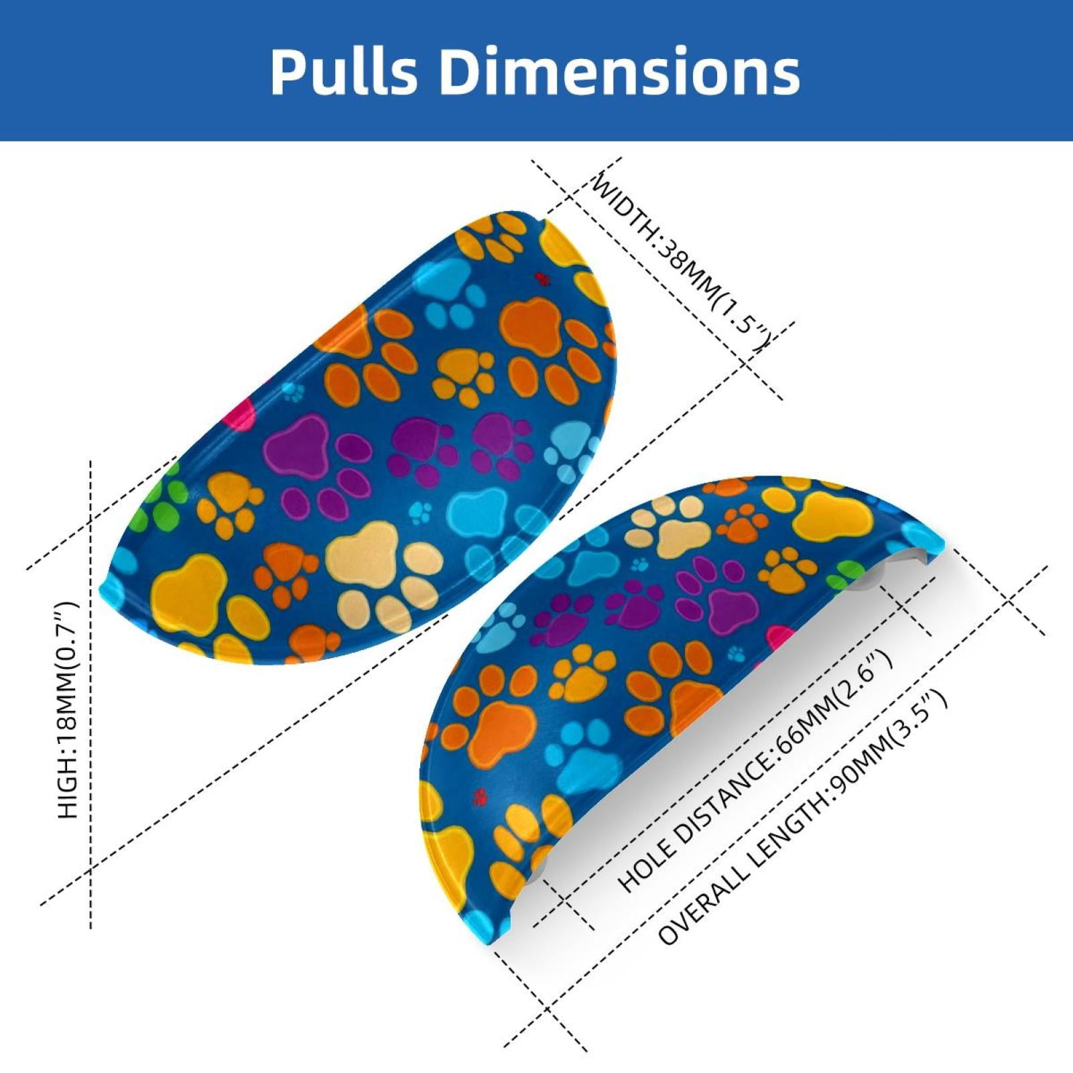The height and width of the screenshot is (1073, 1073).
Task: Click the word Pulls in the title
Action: click(344, 71)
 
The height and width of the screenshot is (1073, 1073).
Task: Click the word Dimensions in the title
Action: click(620, 71)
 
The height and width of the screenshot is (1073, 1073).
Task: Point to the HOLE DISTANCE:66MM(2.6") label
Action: click(755, 771)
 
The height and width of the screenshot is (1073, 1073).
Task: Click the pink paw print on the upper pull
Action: click(243, 410)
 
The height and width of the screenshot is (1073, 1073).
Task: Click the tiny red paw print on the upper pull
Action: click(542, 278)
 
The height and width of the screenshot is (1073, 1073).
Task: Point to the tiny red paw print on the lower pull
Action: click(479, 797)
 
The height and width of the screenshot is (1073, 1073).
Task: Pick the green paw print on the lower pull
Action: click(846, 576)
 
